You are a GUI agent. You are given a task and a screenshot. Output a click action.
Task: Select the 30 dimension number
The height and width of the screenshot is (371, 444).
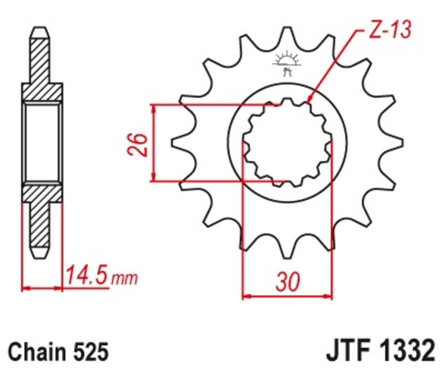287,283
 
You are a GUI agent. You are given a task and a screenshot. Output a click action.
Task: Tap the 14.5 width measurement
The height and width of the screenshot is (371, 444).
86,275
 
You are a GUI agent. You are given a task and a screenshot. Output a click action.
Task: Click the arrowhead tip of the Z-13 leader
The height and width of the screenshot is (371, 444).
308,103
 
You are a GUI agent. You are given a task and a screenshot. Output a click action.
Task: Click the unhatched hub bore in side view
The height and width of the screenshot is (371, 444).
42,142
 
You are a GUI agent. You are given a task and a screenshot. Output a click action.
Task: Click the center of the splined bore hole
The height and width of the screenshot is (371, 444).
287,142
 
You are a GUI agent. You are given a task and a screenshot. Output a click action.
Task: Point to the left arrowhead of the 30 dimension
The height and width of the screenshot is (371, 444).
245,297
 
